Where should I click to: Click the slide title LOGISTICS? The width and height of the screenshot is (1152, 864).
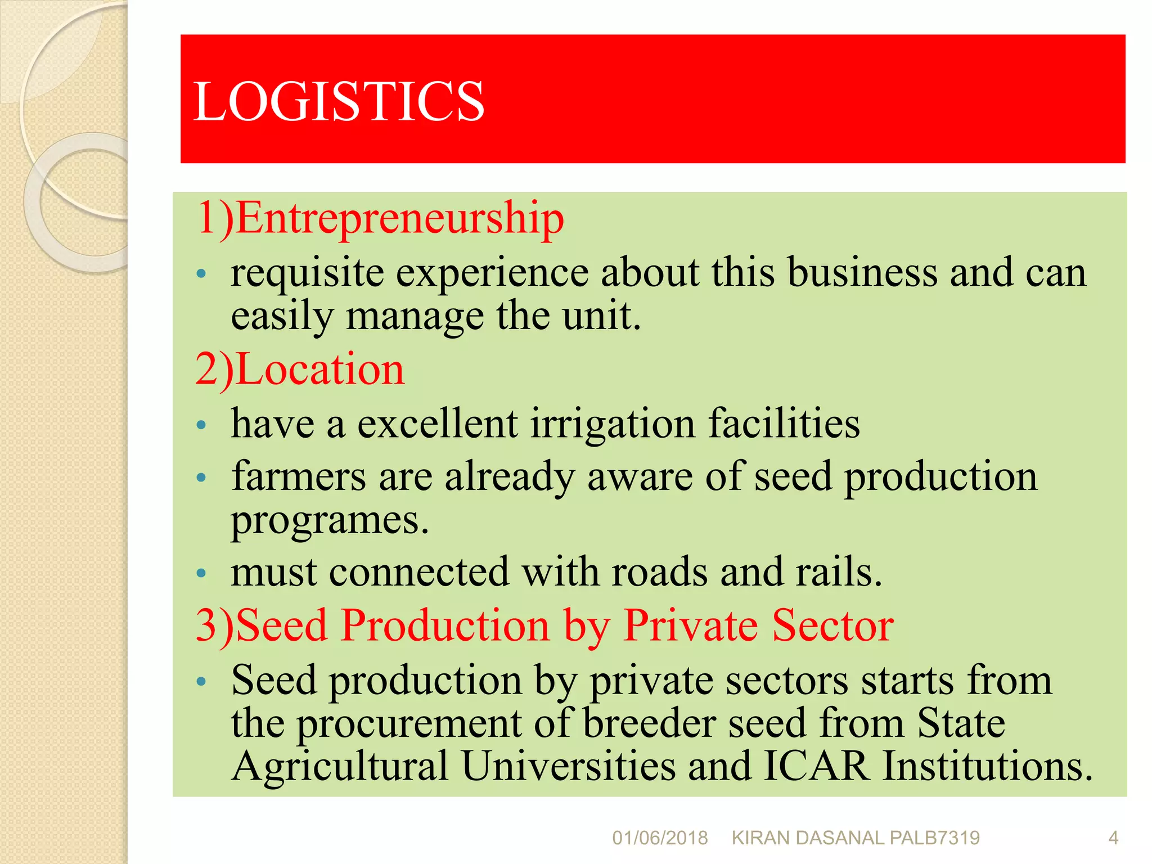click(x=339, y=101)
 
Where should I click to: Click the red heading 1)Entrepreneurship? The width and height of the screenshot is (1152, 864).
click(x=380, y=218)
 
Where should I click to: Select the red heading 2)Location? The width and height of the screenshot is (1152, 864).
click(x=300, y=370)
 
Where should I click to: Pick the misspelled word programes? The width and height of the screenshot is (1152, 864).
click(x=330, y=520)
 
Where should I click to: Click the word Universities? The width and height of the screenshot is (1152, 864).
click(x=569, y=766)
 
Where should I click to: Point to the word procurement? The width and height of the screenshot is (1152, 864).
click(x=409, y=724)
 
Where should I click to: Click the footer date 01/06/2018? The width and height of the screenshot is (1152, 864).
click(x=660, y=838)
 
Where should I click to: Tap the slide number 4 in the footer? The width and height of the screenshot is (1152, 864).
click(x=1113, y=838)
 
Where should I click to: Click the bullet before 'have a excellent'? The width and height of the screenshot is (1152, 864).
click(x=201, y=425)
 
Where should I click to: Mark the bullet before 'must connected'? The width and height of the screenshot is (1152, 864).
click(x=201, y=574)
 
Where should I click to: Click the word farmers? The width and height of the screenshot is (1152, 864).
click(x=299, y=477)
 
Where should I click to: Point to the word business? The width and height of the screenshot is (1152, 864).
click(x=862, y=273)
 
